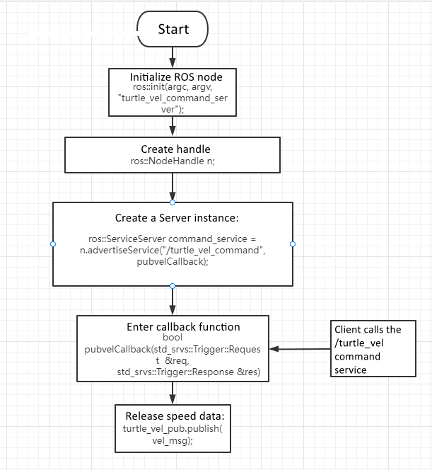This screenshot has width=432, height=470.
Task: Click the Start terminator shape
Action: tap(173, 29)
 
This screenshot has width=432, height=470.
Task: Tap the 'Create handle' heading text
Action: tap(175, 149)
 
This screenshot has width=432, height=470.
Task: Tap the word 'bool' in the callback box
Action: tap(172, 338)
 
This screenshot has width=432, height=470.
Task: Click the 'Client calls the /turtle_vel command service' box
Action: tap(374, 349)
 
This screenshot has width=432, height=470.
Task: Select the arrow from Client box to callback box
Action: tap(300, 349)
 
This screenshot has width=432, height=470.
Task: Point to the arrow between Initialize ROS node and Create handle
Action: tap(173, 126)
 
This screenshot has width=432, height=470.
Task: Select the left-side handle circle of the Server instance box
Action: tap(53, 244)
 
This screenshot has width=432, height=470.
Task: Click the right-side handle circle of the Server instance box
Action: tap(293, 244)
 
